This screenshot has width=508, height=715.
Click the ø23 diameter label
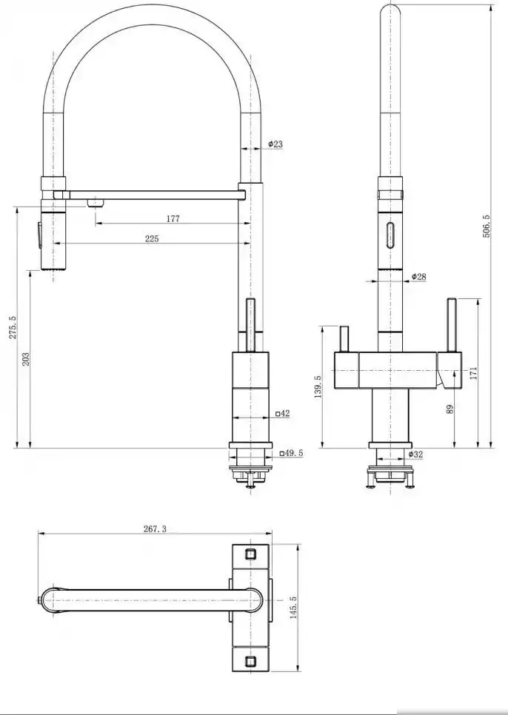click(275, 144)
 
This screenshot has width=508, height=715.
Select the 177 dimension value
click(173, 219)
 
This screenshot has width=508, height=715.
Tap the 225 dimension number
click(152, 238)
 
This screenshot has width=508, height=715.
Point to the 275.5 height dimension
click(13, 327)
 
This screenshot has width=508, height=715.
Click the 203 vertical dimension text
click(26, 358)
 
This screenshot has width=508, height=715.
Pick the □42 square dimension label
click(283, 414)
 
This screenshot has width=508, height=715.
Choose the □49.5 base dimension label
click(291, 453)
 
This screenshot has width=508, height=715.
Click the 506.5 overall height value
click(486, 226)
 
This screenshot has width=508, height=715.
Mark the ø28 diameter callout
click(418, 276)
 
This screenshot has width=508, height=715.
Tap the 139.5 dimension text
click(318, 386)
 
